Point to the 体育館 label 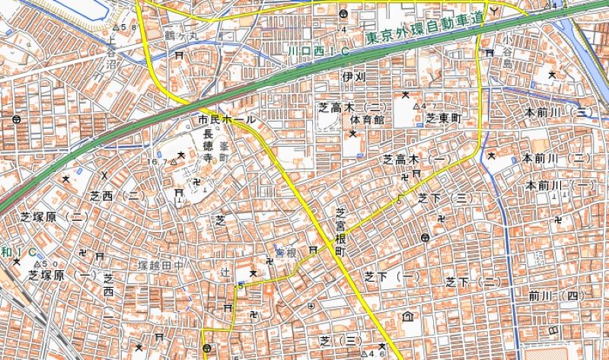tap(368, 120)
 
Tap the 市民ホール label tap(227, 121)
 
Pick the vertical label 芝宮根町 tap(340, 231)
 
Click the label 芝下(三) tap(442, 198)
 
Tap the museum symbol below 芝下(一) tap(408, 317)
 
